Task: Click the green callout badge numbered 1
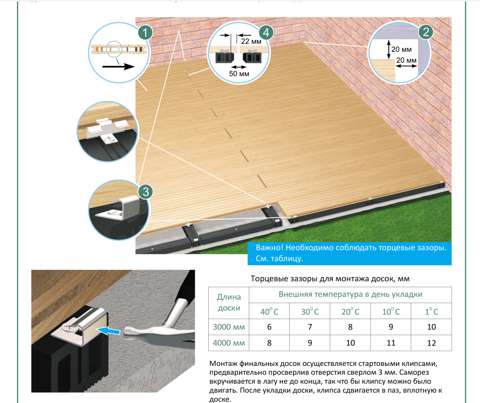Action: tap(145, 33)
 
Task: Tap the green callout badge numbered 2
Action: tap(426, 32)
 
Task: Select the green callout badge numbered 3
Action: tap(146, 192)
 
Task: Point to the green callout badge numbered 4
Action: tap(266, 32)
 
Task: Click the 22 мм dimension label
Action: tap(251, 41)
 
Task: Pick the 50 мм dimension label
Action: tap(239, 74)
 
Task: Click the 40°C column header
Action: tap(269, 311)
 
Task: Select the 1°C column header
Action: tap(431, 311)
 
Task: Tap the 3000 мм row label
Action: tap(229, 327)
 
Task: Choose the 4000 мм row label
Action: tap(229, 343)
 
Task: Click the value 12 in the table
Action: tap(431, 343)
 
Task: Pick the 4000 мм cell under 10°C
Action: tap(391, 343)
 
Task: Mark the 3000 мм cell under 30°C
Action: tap(310, 327)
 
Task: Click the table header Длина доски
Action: tap(229, 302)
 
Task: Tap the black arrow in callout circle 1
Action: tap(118, 66)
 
